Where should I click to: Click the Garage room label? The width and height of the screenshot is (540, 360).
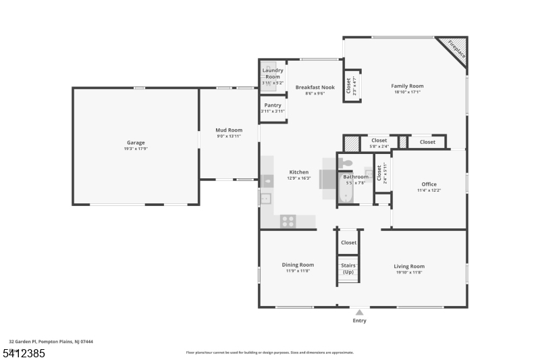pos(136,143)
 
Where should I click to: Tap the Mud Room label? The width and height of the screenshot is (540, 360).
pos(229,130)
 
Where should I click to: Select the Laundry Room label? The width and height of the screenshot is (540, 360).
pos(273,73)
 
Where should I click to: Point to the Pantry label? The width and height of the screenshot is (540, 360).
pos(273,105)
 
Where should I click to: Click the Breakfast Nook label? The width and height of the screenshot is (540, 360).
pos(315,87)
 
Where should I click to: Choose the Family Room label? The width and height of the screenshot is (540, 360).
pos(407,86)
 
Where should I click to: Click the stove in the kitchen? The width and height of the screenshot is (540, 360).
pos(288,220)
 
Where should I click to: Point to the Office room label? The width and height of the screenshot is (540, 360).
pos(429,184)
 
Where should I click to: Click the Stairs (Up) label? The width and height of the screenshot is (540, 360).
pos(348,269)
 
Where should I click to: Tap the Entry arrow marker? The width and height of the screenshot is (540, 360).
pos(359,312)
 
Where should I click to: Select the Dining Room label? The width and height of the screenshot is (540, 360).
pos(298,265)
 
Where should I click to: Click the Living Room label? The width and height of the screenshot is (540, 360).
pos(409,266)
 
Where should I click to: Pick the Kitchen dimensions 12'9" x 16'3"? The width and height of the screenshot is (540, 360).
pos(299,178)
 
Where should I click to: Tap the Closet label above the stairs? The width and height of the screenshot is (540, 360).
pos(348,242)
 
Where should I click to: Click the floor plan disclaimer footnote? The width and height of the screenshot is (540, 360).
pos(269,352)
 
